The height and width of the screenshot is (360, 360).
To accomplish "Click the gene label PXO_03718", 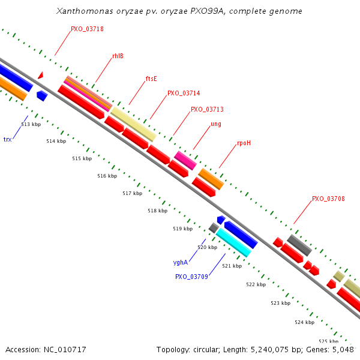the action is [x=87, y=28].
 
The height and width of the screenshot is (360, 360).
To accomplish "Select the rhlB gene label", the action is [x=118, y=56].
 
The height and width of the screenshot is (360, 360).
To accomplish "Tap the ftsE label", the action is [x=151, y=79].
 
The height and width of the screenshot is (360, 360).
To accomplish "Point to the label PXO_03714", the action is [x=184, y=93].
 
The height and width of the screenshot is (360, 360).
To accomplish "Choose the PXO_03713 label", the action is [x=207, y=109].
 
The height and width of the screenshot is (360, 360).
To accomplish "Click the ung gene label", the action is [x=216, y=124].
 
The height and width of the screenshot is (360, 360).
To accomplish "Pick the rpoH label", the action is [x=244, y=143].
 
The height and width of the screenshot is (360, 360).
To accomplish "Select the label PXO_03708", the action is [x=328, y=199].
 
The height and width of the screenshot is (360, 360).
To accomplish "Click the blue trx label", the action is [x=7, y=139].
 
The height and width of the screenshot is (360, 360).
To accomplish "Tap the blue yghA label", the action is [x=181, y=262].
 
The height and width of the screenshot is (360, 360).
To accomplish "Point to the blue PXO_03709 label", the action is [x=191, y=277].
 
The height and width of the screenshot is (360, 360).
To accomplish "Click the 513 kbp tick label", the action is [x=31, y=124].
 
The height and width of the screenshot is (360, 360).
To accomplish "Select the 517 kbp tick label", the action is [x=132, y=193].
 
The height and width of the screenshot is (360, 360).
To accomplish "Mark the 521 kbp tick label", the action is [x=232, y=265].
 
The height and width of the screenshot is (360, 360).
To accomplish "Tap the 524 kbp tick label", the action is [x=304, y=322].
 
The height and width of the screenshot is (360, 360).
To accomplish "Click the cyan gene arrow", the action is [x=233, y=242].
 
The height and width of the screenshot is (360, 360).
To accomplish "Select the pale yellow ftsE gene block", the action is [x=133, y=124].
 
